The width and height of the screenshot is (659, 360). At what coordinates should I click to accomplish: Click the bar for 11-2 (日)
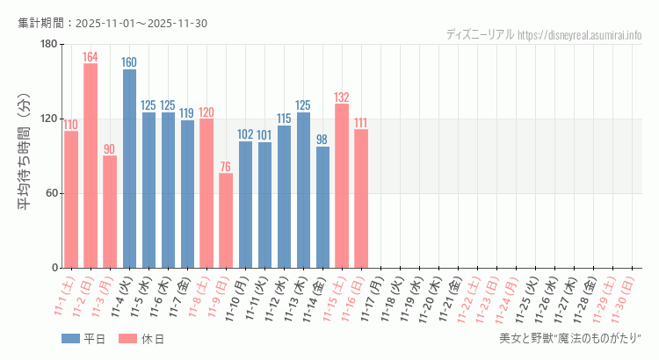coord(91,165)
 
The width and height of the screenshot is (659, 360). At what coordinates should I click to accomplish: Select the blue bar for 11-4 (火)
coord(129,169)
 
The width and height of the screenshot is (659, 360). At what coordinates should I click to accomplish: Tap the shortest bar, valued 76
coord(226,220)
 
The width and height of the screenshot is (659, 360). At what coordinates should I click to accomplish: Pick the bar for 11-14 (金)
coord(322,207)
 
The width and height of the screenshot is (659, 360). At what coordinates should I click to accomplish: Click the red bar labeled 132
coord(342,185)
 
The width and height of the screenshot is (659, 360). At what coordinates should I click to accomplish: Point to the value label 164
coord(91,57)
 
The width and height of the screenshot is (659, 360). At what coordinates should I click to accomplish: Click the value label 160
coord(129,62)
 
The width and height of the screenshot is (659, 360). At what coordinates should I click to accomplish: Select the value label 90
coord(110,149)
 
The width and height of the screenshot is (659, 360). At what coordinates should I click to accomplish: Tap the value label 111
coord(361,123)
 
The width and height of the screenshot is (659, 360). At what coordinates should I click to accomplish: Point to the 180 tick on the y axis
coord(47,44)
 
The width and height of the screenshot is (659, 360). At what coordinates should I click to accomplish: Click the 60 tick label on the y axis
coord(50,193)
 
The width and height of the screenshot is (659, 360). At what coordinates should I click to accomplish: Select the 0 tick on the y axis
coord(54,268)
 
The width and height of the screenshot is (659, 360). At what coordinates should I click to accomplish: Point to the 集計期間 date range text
coord(112,23)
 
